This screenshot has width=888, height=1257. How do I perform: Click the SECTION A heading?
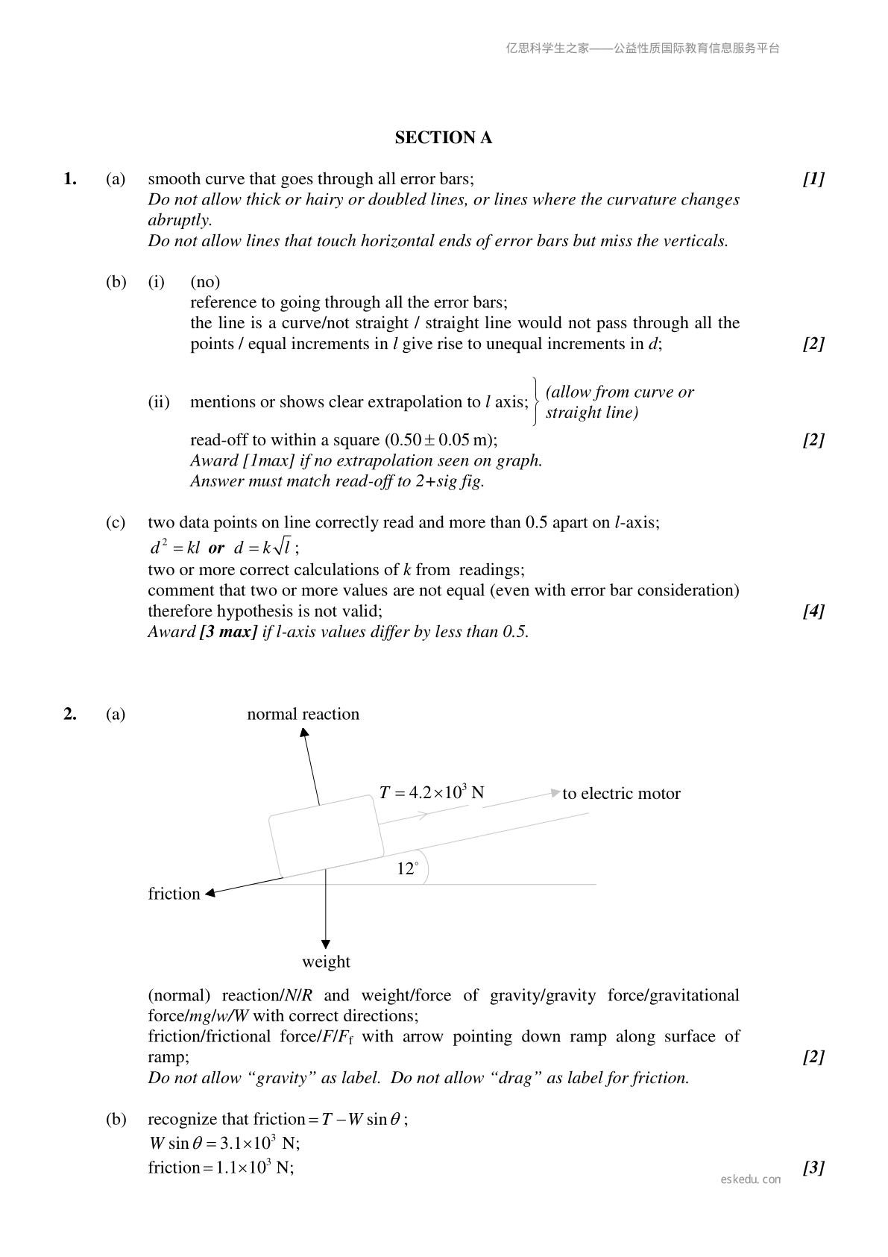[x=443, y=138]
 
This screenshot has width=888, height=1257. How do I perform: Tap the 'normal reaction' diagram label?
[x=303, y=715]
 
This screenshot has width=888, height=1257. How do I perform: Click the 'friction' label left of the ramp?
[x=174, y=894]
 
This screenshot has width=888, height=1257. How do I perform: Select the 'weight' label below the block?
[x=326, y=962]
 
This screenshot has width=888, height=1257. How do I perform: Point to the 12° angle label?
[x=407, y=869]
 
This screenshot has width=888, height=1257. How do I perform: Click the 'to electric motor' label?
[x=621, y=794]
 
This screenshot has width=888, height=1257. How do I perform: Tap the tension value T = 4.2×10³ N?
[x=431, y=793]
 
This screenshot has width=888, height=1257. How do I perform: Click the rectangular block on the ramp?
[x=326, y=836]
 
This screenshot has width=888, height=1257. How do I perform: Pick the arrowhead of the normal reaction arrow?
[x=304, y=733]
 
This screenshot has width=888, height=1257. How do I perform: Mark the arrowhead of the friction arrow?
[x=211, y=893]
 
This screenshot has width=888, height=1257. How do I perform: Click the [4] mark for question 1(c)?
[x=813, y=612]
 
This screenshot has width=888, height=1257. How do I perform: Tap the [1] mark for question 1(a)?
[x=813, y=179]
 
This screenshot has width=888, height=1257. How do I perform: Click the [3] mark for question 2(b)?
[x=813, y=1168]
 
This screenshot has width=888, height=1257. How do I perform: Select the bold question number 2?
[x=70, y=715]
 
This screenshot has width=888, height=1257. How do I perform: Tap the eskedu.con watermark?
[x=751, y=1179]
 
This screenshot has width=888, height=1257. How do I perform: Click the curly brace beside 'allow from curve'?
[x=536, y=402]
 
